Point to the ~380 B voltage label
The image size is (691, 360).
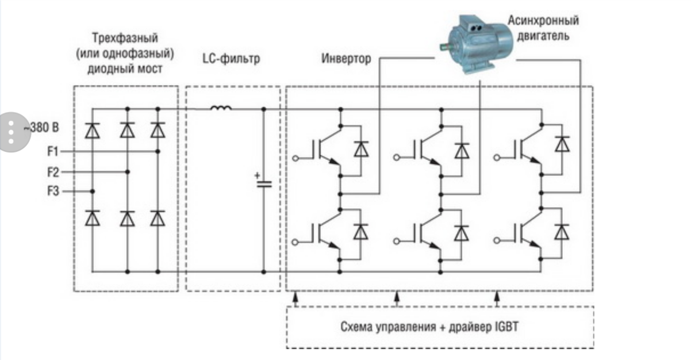pyautogui.click(x=41, y=128)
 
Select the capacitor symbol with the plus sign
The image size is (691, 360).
pyautogui.click(x=264, y=183)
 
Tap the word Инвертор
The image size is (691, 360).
pyautogui.click(x=345, y=59)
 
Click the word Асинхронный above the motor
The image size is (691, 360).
pyautogui.click(x=543, y=21)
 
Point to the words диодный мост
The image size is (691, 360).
pyautogui.click(x=125, y=69)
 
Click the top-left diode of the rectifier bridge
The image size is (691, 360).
pyautogui.click(x=92, y=131)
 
